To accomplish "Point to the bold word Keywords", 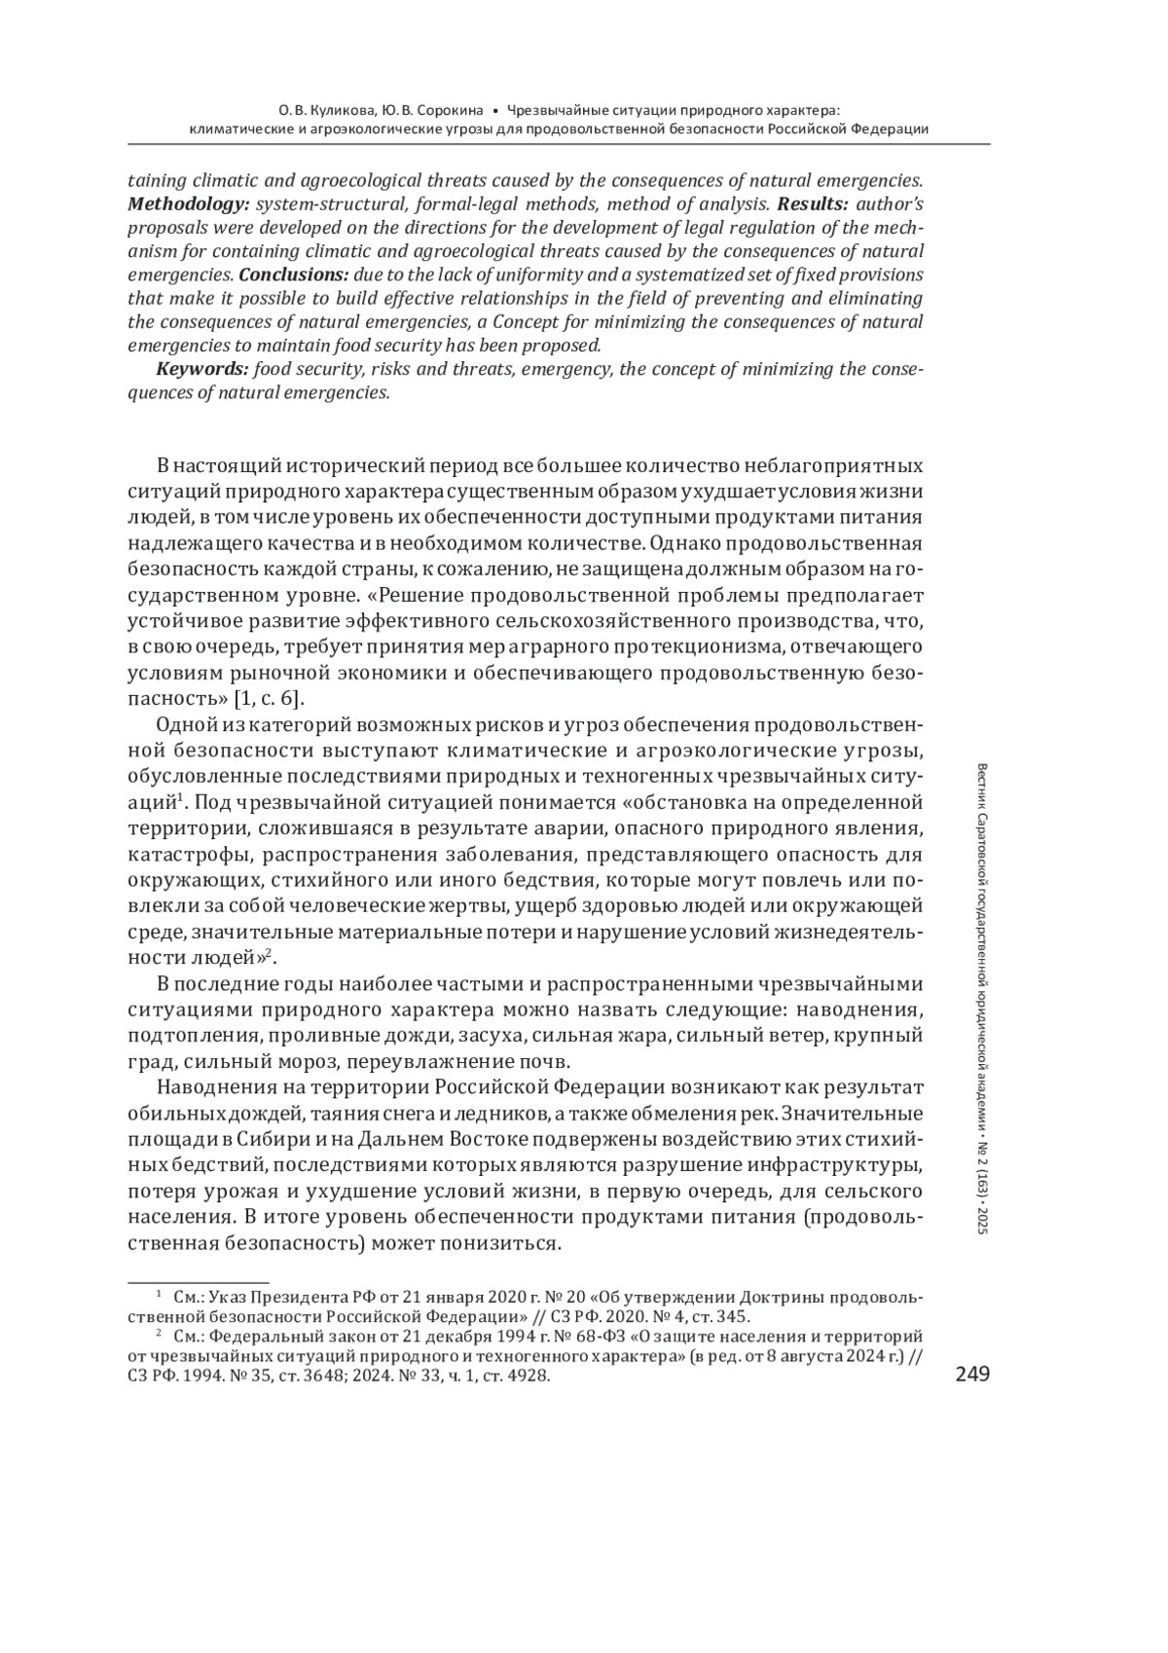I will (201, 369).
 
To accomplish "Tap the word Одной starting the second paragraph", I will (183, 724).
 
